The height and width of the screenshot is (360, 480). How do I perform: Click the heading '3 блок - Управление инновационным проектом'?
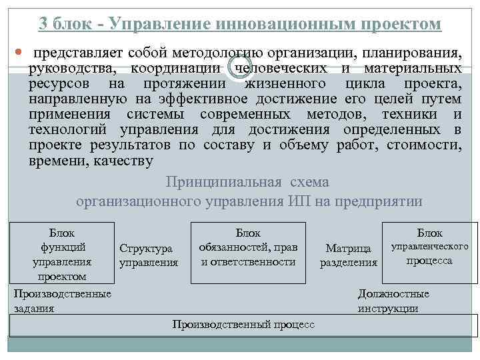[x=240, y=25]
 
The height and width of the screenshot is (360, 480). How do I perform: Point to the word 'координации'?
[x=175, y=68]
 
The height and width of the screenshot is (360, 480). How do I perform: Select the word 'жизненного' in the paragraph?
[x=285, y=83]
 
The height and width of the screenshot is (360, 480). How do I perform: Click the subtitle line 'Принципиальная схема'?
[x=247, y=182]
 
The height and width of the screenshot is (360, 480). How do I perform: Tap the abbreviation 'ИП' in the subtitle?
[x=298, y=202]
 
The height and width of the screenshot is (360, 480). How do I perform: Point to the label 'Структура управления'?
[x=148, y=255]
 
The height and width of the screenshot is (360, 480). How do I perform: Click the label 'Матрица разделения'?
[x=348, y=255]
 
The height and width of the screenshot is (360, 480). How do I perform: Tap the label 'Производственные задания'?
[x=62, y=301]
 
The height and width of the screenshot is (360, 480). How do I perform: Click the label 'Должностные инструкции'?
[x=393, y=301]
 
